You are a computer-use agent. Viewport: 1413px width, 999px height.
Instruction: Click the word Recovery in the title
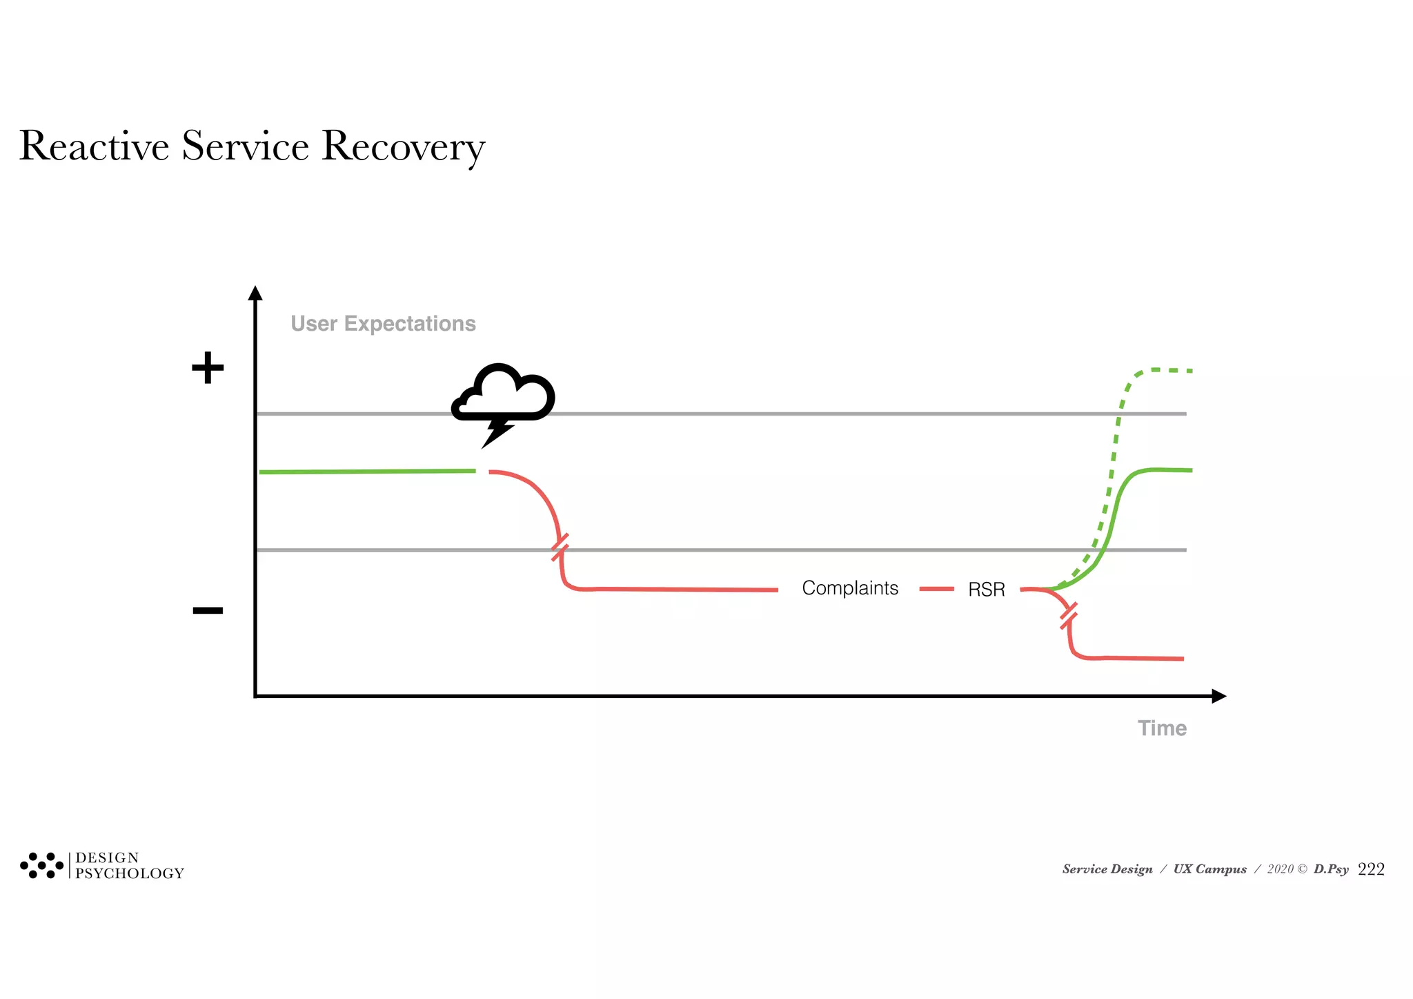coord(403,146)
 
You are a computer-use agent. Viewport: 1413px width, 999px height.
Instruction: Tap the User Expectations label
coord(383,324)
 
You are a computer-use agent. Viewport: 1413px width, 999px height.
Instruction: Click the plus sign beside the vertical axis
coord(208,368)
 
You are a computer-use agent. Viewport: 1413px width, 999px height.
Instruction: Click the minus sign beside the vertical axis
coord(208,610)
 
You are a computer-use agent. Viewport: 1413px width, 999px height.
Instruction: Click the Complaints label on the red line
coord(850,588)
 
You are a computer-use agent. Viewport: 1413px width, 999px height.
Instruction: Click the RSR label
coord(986,590)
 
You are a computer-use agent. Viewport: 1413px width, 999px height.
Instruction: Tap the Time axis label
coord(1162,728)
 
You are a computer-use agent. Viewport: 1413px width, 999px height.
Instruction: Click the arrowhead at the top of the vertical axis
coord(255,293)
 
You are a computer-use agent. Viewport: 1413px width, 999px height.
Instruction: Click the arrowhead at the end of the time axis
coord(1218,696)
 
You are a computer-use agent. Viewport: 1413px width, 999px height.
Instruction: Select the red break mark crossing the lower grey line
coord(560,547)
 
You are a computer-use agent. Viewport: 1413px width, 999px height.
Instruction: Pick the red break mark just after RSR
coord(1068,615)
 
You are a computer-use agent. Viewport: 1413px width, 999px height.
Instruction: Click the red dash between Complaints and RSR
coord(937,589)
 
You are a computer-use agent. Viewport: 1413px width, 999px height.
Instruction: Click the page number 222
coord(1371,870)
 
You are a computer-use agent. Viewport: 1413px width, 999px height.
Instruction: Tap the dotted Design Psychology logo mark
coord(41,865)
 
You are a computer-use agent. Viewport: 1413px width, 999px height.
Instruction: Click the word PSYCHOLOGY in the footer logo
coord(130,874)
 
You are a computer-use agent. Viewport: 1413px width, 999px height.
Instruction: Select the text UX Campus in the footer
coord(1210,870)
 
